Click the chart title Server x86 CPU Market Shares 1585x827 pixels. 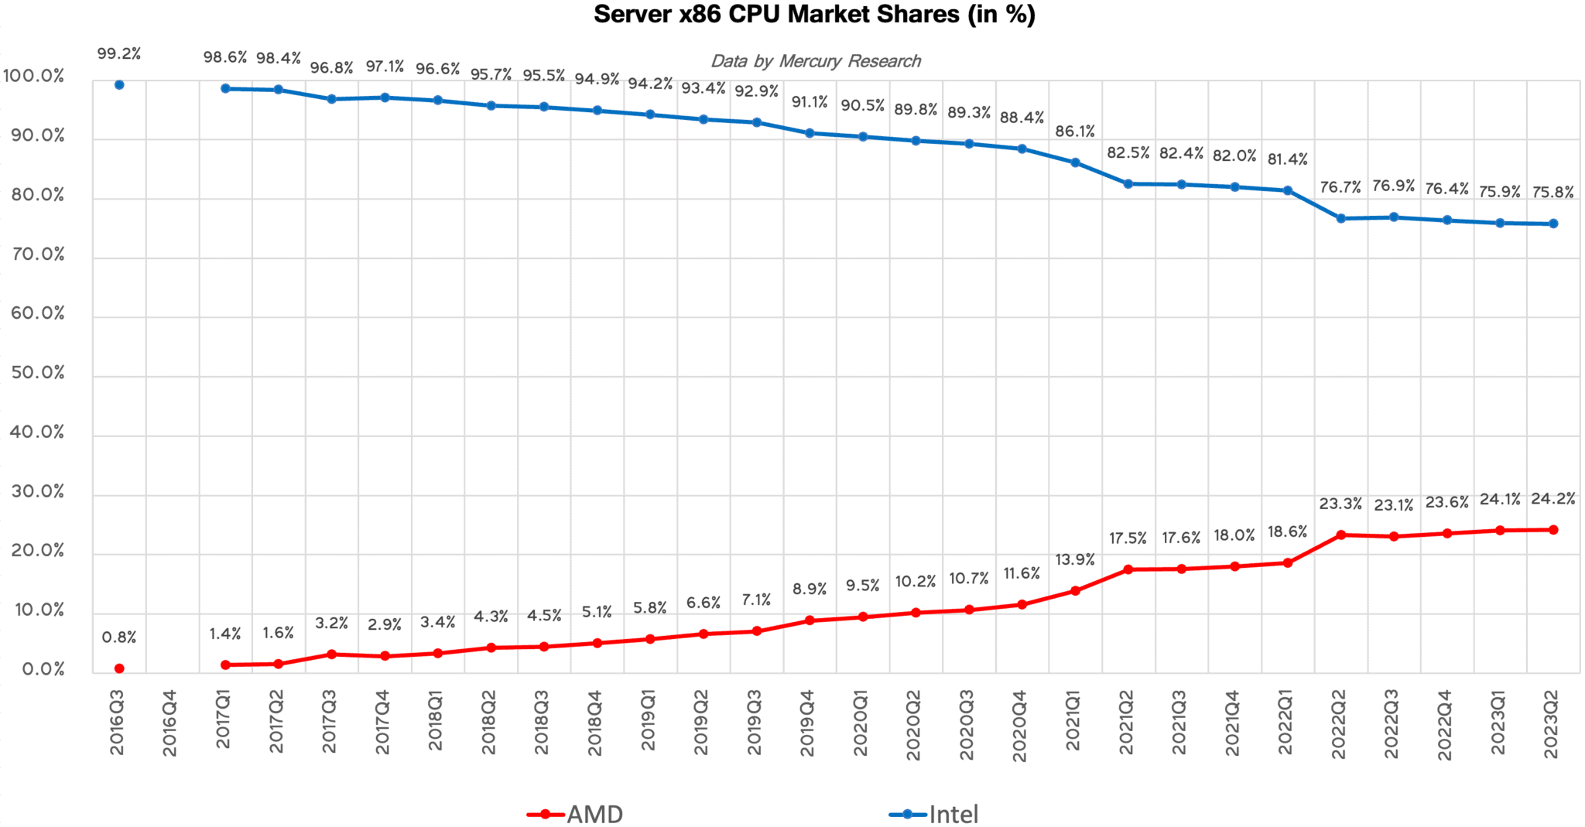pyautogui.click(x=813, y=15)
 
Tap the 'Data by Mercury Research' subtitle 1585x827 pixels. pyautogui.click(x=815, y=61)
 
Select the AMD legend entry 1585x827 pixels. pyautogui.click(x=576, y=814)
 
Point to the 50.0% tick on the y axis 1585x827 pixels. pyautogui.click(x=38, y=373)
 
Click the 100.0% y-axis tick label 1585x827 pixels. pyautogui.click(x=34, y=76)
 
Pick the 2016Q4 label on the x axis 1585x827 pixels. pyautogui.click(x=170, y=723)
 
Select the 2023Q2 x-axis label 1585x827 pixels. pyautogui.click(x=1552, y=723)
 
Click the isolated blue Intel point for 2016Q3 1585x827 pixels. pyautogui.click(x=119, y=85)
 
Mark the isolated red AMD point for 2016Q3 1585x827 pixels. pyautogui.click(x=119, y=668)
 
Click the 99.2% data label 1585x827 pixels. pyautogui.click(x=119, y=53)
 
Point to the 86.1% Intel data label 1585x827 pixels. pyautogui.click(x=1074, y=132)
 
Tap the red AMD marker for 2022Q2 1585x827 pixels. pyautogui.click(x=1340, y=535)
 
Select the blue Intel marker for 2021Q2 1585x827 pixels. pyautogui.click(x=1128, y=184)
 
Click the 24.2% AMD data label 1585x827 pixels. pyautogui.click(x=1552, y=499)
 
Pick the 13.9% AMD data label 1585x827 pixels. pyautogui.click(x=1074, y=559)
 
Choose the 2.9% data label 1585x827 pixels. pyautogui.click(x=385, y=624)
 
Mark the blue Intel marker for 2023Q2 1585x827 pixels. pyautogui.click(x=1552, y=224)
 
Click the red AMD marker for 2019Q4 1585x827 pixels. pyautogui.click(x=810, y=620)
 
